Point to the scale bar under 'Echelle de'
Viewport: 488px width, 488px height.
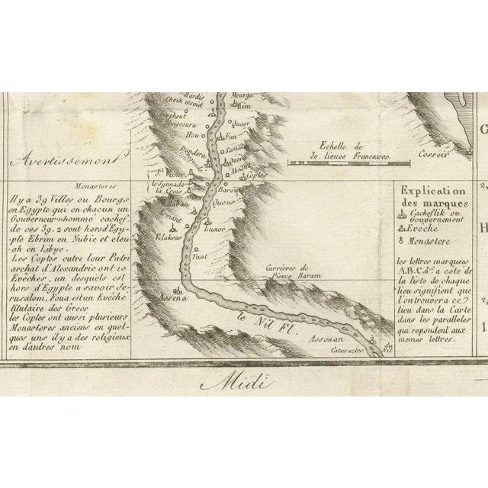point(340,162)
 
